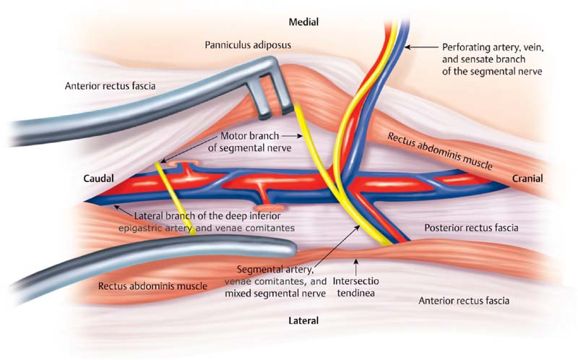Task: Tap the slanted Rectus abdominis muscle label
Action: tap(441, 150)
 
